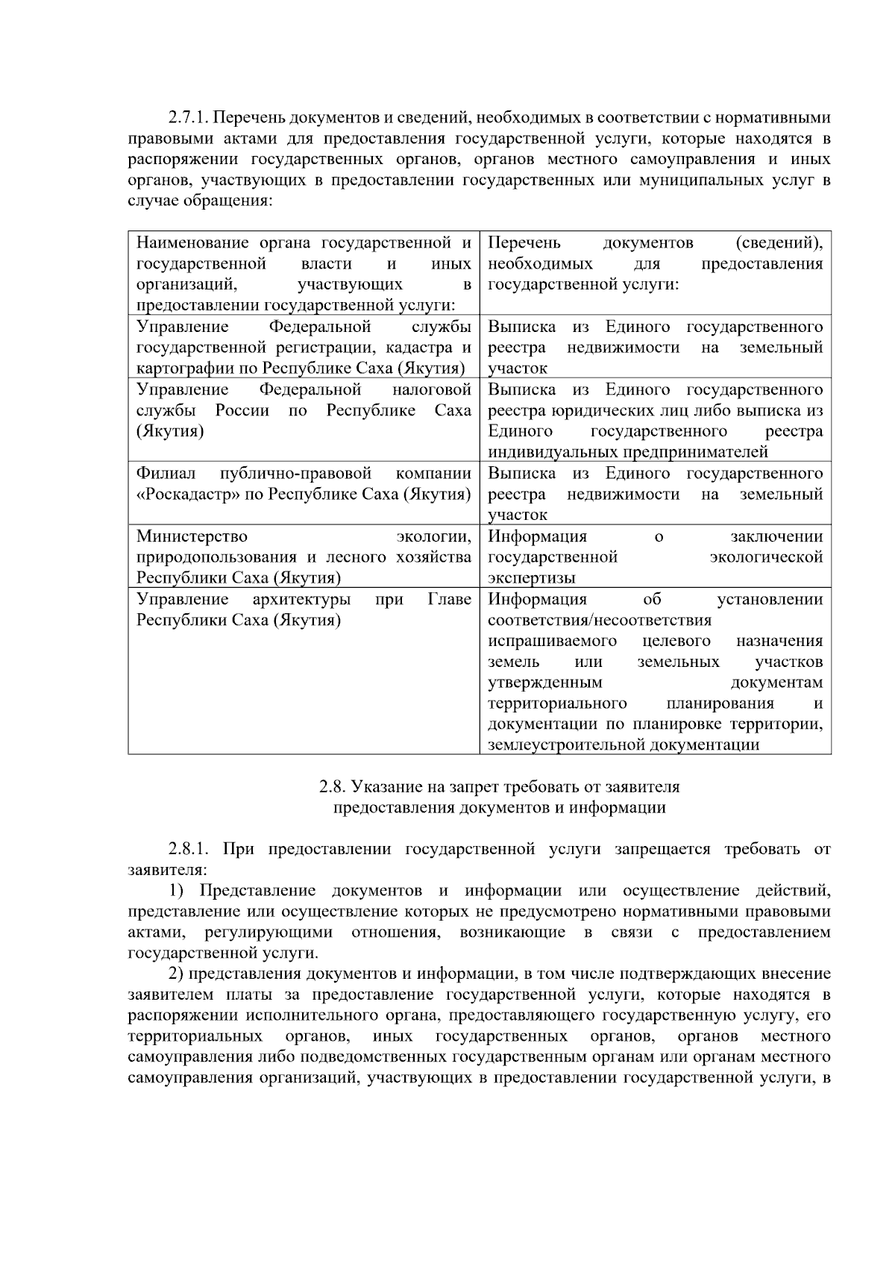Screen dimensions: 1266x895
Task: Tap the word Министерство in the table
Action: pos(192,536)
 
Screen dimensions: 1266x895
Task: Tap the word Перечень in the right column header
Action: pos(524,243)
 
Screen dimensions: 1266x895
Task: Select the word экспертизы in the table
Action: pos(531,578)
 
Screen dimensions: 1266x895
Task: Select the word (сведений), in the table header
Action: pos(779,243)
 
